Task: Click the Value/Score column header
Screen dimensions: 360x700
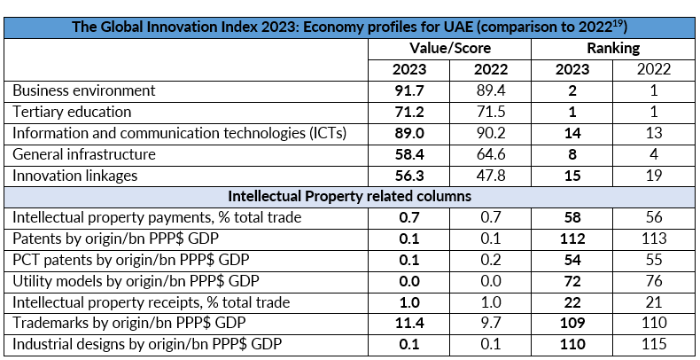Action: [x=450, y=48]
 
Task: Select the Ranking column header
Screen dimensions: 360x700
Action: [x=612, y=48]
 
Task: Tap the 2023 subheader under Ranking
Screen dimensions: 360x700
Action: [x=571, y=69]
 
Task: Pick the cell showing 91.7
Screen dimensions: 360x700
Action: [x=408, y=90]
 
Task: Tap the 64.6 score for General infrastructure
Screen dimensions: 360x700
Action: [x=490, y=154]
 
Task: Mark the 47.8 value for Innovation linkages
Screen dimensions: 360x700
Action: [x=490, y=176]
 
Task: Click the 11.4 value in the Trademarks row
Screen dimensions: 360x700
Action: [x=408, y=323]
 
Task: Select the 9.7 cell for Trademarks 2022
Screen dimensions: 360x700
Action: [x=490, y=323]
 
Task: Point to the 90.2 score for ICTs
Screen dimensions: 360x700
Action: [x=490, y=133]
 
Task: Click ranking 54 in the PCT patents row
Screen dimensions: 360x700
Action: [x=571, y=259]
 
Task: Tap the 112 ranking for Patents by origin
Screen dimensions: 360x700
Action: [x=571, y=238]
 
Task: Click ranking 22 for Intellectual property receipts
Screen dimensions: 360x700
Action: [x=571, y=301]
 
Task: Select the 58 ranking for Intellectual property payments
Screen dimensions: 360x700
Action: [x=571, y=216]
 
